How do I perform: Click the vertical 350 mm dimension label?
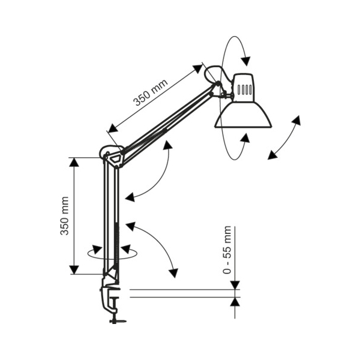65,216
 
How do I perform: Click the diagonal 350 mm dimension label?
151,92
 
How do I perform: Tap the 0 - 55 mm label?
227,250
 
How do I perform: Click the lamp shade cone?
244,114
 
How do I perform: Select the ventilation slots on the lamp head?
245,90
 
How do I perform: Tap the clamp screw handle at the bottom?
118,320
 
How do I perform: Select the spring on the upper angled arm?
145,139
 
